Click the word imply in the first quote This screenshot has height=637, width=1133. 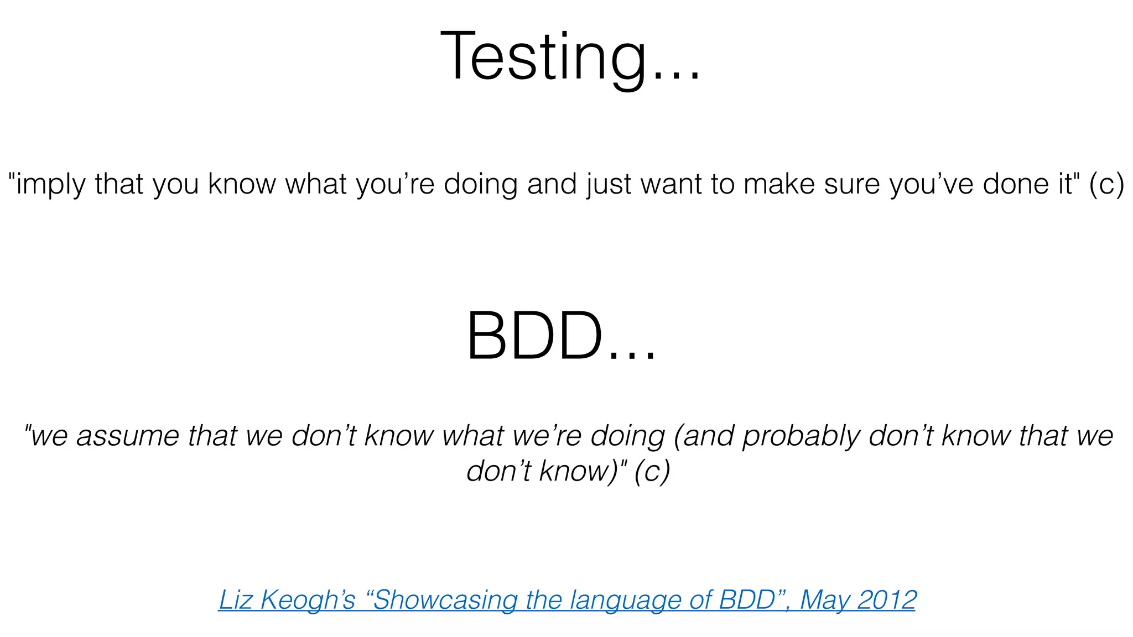pyautogui.click(x=50, y=184)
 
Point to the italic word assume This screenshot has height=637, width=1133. pyautogui.click(x=128, y=436)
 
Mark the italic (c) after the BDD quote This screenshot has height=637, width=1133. pyautogui.click(x=652, y=472)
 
